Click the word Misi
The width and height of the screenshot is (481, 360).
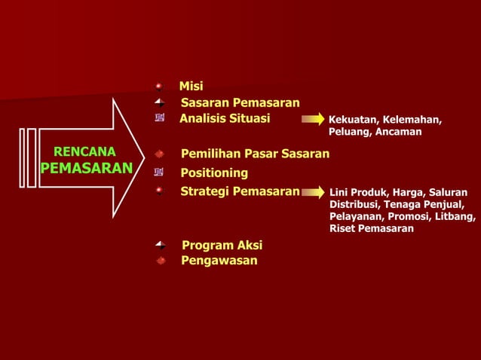point(191,87)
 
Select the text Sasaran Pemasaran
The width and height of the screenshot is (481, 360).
point(240,102)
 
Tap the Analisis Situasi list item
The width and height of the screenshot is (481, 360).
point(225,118)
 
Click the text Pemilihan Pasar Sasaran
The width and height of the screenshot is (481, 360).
point(255,154)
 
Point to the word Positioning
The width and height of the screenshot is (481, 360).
point(214,173)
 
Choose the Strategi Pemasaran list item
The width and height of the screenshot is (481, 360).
point(240,191)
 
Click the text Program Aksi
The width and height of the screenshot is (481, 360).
point(222,246)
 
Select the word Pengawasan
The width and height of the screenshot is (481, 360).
point(219,261)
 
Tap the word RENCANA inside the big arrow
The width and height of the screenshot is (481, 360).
point(84,151)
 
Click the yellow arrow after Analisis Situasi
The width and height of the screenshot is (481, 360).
point(312,119)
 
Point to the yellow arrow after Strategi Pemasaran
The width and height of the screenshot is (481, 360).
point(314,193)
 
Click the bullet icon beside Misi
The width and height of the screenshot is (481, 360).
point(159,87)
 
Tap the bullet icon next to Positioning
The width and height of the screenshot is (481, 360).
point(159,173)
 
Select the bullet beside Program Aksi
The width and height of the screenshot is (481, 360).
point(159,246)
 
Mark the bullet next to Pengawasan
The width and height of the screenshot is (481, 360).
point(160,261)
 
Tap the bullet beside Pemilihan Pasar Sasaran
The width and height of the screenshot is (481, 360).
point(159,154)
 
